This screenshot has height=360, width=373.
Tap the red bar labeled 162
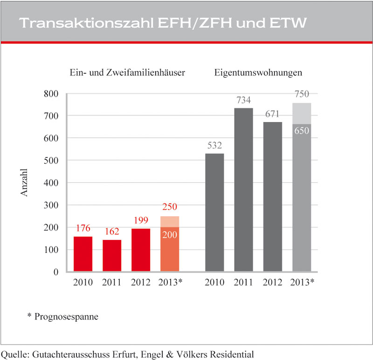(112, 256)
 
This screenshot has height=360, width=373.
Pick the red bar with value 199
(141, 250)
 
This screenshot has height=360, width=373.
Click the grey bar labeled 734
(243, 190)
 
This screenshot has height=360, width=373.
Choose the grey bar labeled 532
(214, 212)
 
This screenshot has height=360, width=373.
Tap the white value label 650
(301, 131)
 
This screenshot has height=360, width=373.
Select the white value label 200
(170, 235)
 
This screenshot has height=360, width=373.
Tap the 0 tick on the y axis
(55, 272)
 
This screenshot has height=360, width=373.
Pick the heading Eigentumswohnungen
(258, 73)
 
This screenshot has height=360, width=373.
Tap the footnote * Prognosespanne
(66, 317)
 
